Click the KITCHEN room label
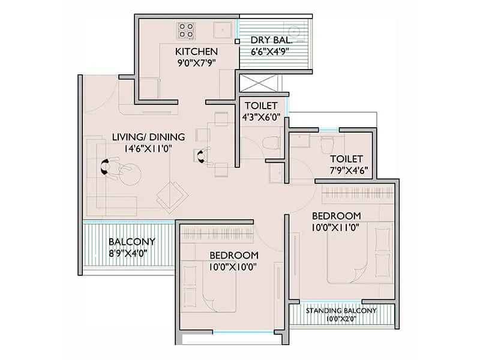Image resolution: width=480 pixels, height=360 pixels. tap(193, 51)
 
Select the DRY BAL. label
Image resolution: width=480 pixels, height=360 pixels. tap(271, 40)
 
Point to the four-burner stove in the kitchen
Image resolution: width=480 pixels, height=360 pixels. tap(185, 28)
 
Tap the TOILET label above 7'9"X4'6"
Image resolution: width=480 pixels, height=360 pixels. tap(346, 159)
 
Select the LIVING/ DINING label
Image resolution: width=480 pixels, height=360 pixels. tap(148, 136)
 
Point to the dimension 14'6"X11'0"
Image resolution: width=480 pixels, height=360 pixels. tap(148, 148)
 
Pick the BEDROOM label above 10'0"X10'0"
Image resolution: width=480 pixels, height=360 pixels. tap(234, 255)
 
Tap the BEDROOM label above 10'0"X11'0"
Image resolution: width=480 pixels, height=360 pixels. tap(336, 216)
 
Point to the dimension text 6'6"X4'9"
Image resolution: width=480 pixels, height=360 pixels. tap(271, 52)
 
